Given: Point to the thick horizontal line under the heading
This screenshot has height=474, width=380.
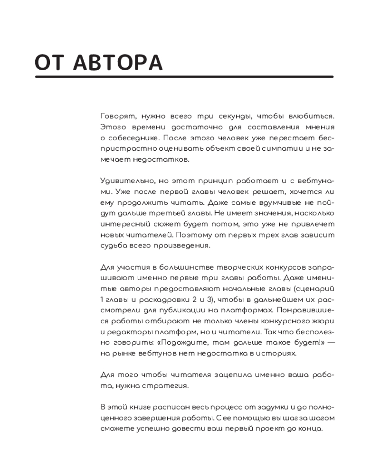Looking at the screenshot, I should click(x=184, y=77).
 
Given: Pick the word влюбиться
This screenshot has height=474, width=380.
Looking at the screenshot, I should click(x=311, y=116).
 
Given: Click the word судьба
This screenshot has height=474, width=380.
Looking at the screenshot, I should click(x=113, y=246).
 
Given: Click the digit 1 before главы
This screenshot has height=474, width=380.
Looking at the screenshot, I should click(x=102, y=300).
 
